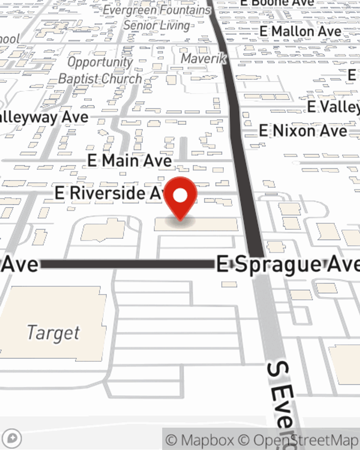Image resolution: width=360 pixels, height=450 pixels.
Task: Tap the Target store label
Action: (53, 333)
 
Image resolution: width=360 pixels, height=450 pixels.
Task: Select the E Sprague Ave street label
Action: (288, 265)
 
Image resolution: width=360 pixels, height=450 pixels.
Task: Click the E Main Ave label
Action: (130, 161)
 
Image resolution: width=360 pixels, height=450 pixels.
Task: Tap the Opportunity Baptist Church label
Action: (100, 71)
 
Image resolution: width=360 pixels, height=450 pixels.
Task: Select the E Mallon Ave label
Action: (300, 32)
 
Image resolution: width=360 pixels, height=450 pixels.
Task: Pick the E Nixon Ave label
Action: (303, 131)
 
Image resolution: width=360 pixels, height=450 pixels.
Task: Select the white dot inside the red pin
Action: (180, 196)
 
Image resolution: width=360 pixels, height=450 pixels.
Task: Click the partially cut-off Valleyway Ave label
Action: (43, 118)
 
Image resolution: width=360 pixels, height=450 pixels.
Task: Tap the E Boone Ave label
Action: (277, 3)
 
